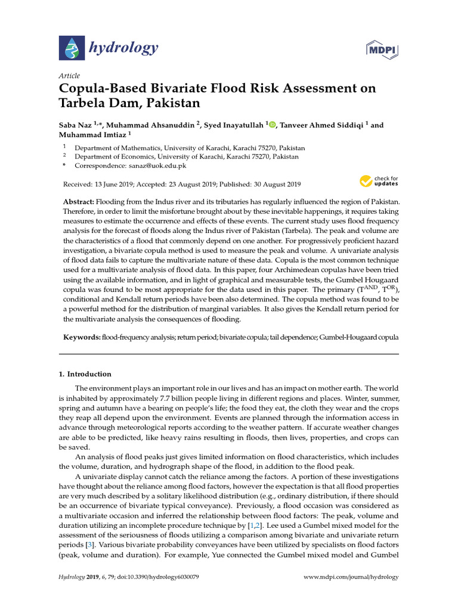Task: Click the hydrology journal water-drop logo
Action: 70,47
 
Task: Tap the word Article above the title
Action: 69,76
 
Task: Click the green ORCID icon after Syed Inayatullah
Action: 273,125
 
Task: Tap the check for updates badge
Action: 379,180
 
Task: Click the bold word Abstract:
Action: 78,202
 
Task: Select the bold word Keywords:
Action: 82,337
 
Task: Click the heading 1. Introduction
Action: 85,374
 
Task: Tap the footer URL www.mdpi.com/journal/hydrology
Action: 351,577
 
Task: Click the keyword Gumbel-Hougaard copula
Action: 359,337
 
